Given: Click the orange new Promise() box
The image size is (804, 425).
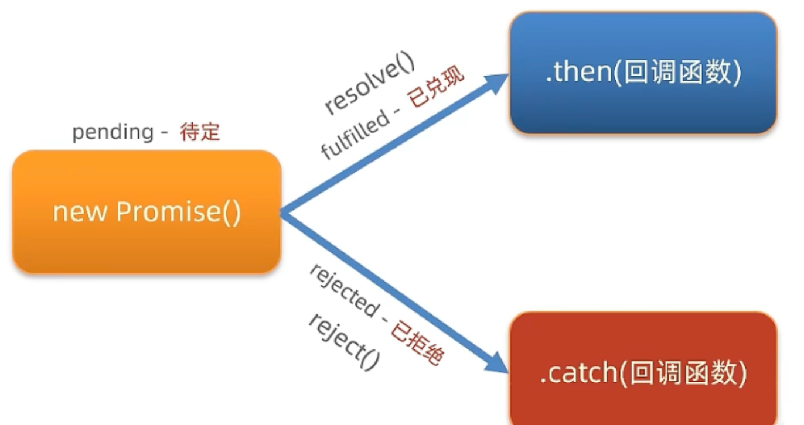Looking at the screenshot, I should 147,212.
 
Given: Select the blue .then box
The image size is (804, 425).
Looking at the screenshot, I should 643,73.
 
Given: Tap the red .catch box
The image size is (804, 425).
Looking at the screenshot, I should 643,369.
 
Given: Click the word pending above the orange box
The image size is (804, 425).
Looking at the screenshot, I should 113,132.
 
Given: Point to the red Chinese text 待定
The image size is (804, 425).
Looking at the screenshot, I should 200,132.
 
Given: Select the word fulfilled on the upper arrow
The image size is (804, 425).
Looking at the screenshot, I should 355,135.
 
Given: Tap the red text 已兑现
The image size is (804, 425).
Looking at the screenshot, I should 436,88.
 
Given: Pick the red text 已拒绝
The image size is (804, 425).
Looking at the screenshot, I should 417,342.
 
